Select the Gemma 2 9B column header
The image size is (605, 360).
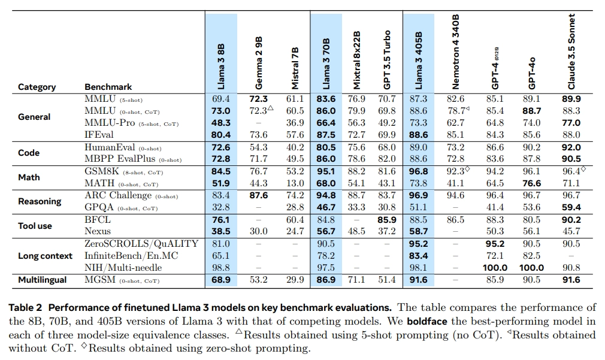(259, 60)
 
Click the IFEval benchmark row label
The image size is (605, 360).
(99, 135)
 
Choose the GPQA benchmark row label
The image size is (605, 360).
(99, 207)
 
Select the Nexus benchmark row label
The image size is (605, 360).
(98, 231)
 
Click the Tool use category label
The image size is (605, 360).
(35, 226)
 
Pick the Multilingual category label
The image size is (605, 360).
(43, 280)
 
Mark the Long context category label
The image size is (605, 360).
(46, 256)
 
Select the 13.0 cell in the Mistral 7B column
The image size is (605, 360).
(295, 183)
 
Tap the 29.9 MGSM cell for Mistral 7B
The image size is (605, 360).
(295, 280)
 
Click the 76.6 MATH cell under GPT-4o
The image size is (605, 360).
(531, 183)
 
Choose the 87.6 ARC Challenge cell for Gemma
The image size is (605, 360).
(258, 195)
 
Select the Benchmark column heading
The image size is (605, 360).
(108, 87)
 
